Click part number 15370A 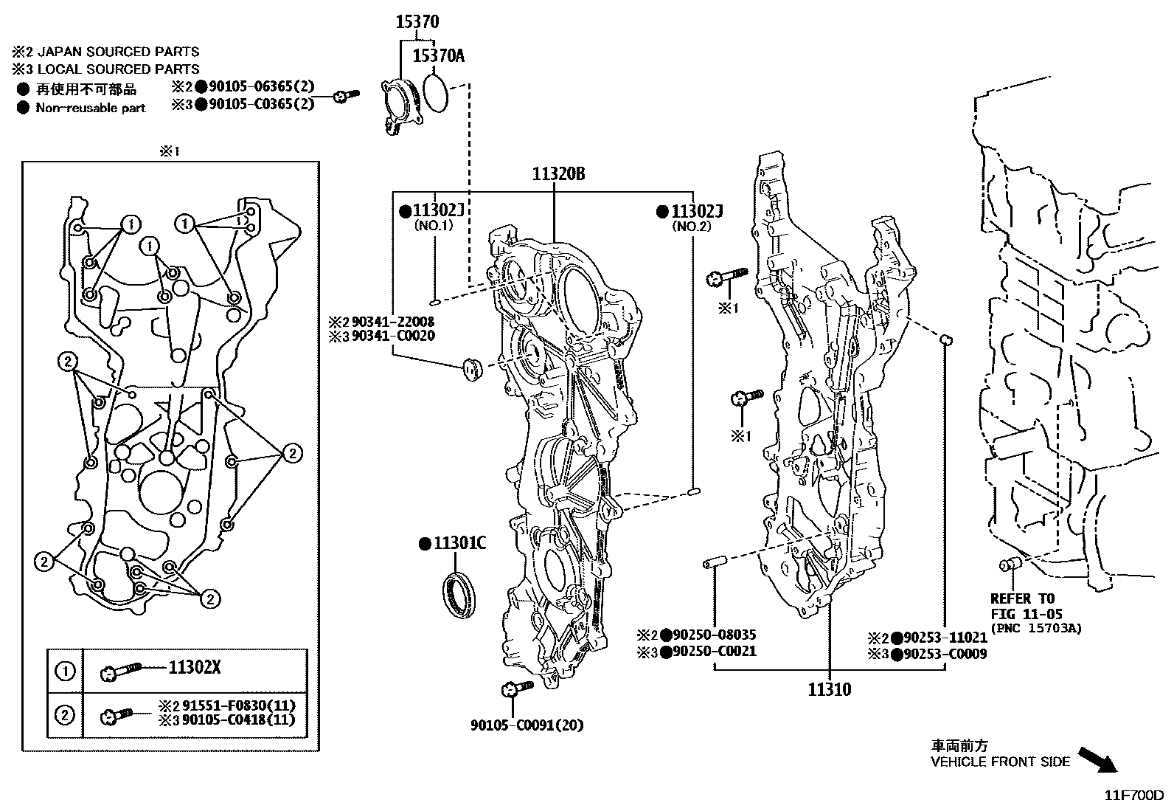pyautogui.click(x=438, y=55)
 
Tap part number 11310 pyautogui.click(x=829, y=690)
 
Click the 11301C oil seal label pyautogui.click(x=459, y=544)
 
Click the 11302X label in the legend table pyautogui.click(x=195, y=669)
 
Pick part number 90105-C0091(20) pyautogui.click(x=527, y=725)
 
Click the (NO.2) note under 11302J pyautogui.click(x=691, y=227)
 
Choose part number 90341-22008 pyautogui.click(x=392, y=322)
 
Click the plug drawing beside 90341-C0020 pyautogui.click(x=470, y=367)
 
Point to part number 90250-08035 pyautogui.click(x=715, y=635)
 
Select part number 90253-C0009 pyautogui.click(x=945, y=654)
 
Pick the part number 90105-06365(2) pyautogui.click(x=261, y=87)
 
